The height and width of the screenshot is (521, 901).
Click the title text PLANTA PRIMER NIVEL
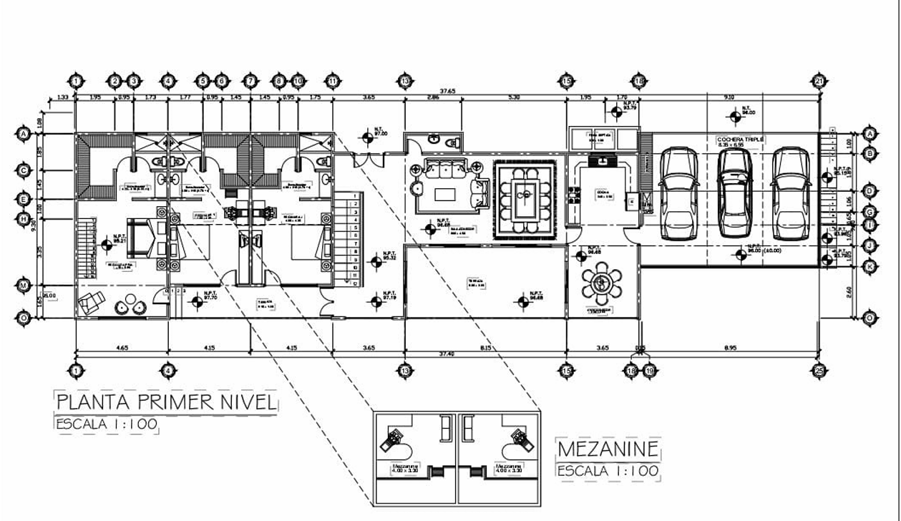tap(165, 401)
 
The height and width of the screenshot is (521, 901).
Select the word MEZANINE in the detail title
tap(608, 449)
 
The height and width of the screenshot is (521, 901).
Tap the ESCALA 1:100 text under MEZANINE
tap(608, 471)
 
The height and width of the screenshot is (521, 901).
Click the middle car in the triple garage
tap(735, 192)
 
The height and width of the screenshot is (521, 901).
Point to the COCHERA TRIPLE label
tap(741, 139)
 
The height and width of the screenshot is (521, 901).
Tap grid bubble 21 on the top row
tap(819, 80)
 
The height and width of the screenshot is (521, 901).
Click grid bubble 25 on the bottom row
tap(819, 370)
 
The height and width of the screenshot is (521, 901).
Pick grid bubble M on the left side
tap(24, 286)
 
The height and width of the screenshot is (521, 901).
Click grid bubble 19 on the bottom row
tap(649, 371)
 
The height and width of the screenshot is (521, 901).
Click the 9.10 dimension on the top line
tap(729, 97)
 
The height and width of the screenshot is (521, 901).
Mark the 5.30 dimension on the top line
tap(513, 97)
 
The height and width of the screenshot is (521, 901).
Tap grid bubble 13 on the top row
tap(405, 80)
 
